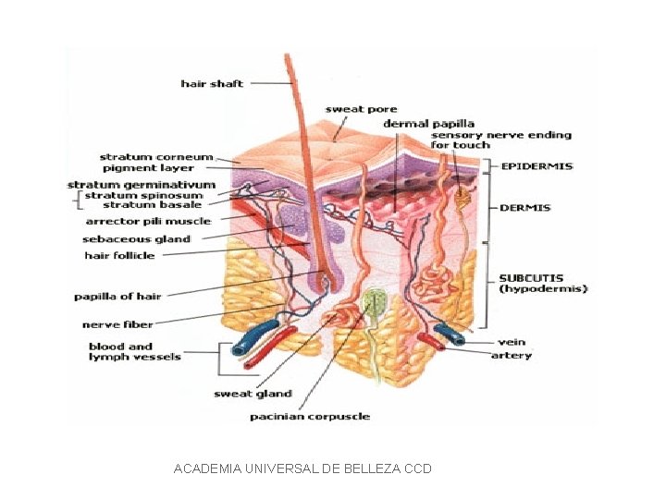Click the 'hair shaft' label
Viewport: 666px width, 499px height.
pos(212,84)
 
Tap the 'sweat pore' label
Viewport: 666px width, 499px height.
pos(361,109)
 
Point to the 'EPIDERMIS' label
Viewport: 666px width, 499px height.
pos(536,167)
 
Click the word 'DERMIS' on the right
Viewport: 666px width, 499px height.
pos(525,208)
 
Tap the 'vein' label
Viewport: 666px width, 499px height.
pos(512,342)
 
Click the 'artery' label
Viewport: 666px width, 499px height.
pos(512,356)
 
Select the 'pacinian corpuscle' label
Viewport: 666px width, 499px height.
pos(310,417)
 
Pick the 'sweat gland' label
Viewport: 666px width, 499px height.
pos(253,394)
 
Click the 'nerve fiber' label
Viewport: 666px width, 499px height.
pos(117,324)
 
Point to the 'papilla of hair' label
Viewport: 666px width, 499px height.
pos(117,297)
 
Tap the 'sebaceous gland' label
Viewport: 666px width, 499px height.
pos(136,238)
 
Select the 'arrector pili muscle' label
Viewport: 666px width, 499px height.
pos(148,221)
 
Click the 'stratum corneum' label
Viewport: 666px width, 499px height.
pos(155,157)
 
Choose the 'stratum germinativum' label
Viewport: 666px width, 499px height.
pos(141,185)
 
